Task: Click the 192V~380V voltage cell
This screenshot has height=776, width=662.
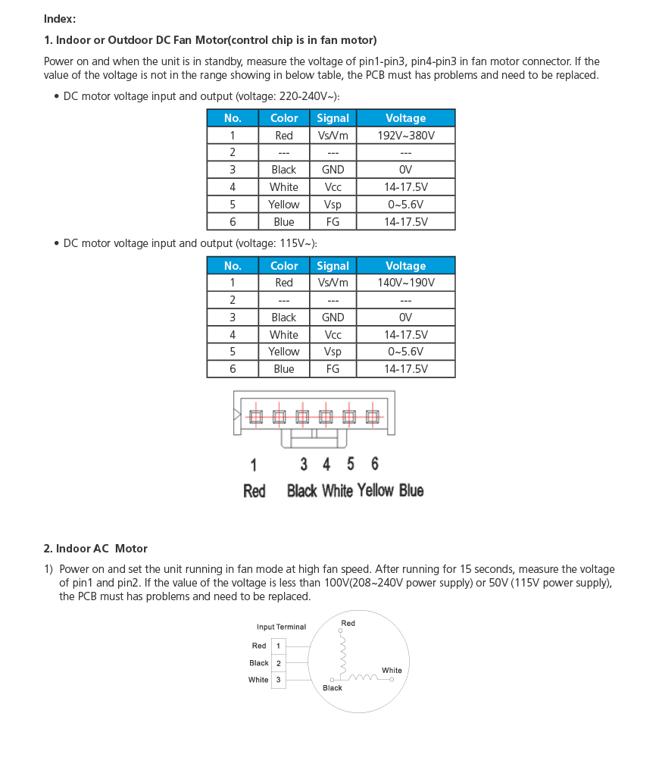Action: pos(405,136)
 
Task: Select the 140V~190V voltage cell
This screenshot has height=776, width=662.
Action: pos(405,283)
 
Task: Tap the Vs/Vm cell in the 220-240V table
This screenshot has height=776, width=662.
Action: pos(333,136)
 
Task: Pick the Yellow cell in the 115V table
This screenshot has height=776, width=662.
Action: pos(284,352)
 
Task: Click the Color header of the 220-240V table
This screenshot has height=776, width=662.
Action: pos(284,118)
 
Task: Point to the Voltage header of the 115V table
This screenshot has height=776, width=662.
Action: pos(405,266)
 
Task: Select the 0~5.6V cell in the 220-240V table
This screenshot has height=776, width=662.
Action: pos(405,205)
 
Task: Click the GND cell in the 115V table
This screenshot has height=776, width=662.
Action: pos(333,318)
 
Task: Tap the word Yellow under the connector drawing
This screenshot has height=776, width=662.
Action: pos(376,491)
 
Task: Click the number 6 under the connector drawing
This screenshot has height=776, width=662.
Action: pos(375,464)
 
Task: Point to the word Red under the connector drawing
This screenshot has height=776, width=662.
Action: pos(254,491)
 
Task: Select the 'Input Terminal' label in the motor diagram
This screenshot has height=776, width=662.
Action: pos(281,627)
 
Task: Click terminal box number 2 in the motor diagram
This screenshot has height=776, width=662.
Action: pos(278,663)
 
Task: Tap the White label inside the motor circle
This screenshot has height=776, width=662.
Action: pos(392,670)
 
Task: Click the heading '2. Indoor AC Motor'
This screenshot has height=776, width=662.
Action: pos(95,548)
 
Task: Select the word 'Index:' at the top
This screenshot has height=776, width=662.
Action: pos(60,19)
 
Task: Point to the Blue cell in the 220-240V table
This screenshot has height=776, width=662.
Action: pos(284,222)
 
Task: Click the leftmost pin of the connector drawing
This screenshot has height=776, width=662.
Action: pos(255,416)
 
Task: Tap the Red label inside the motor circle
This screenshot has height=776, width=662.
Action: pos(348,623)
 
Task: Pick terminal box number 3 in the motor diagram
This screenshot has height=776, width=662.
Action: pos(278,680)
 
